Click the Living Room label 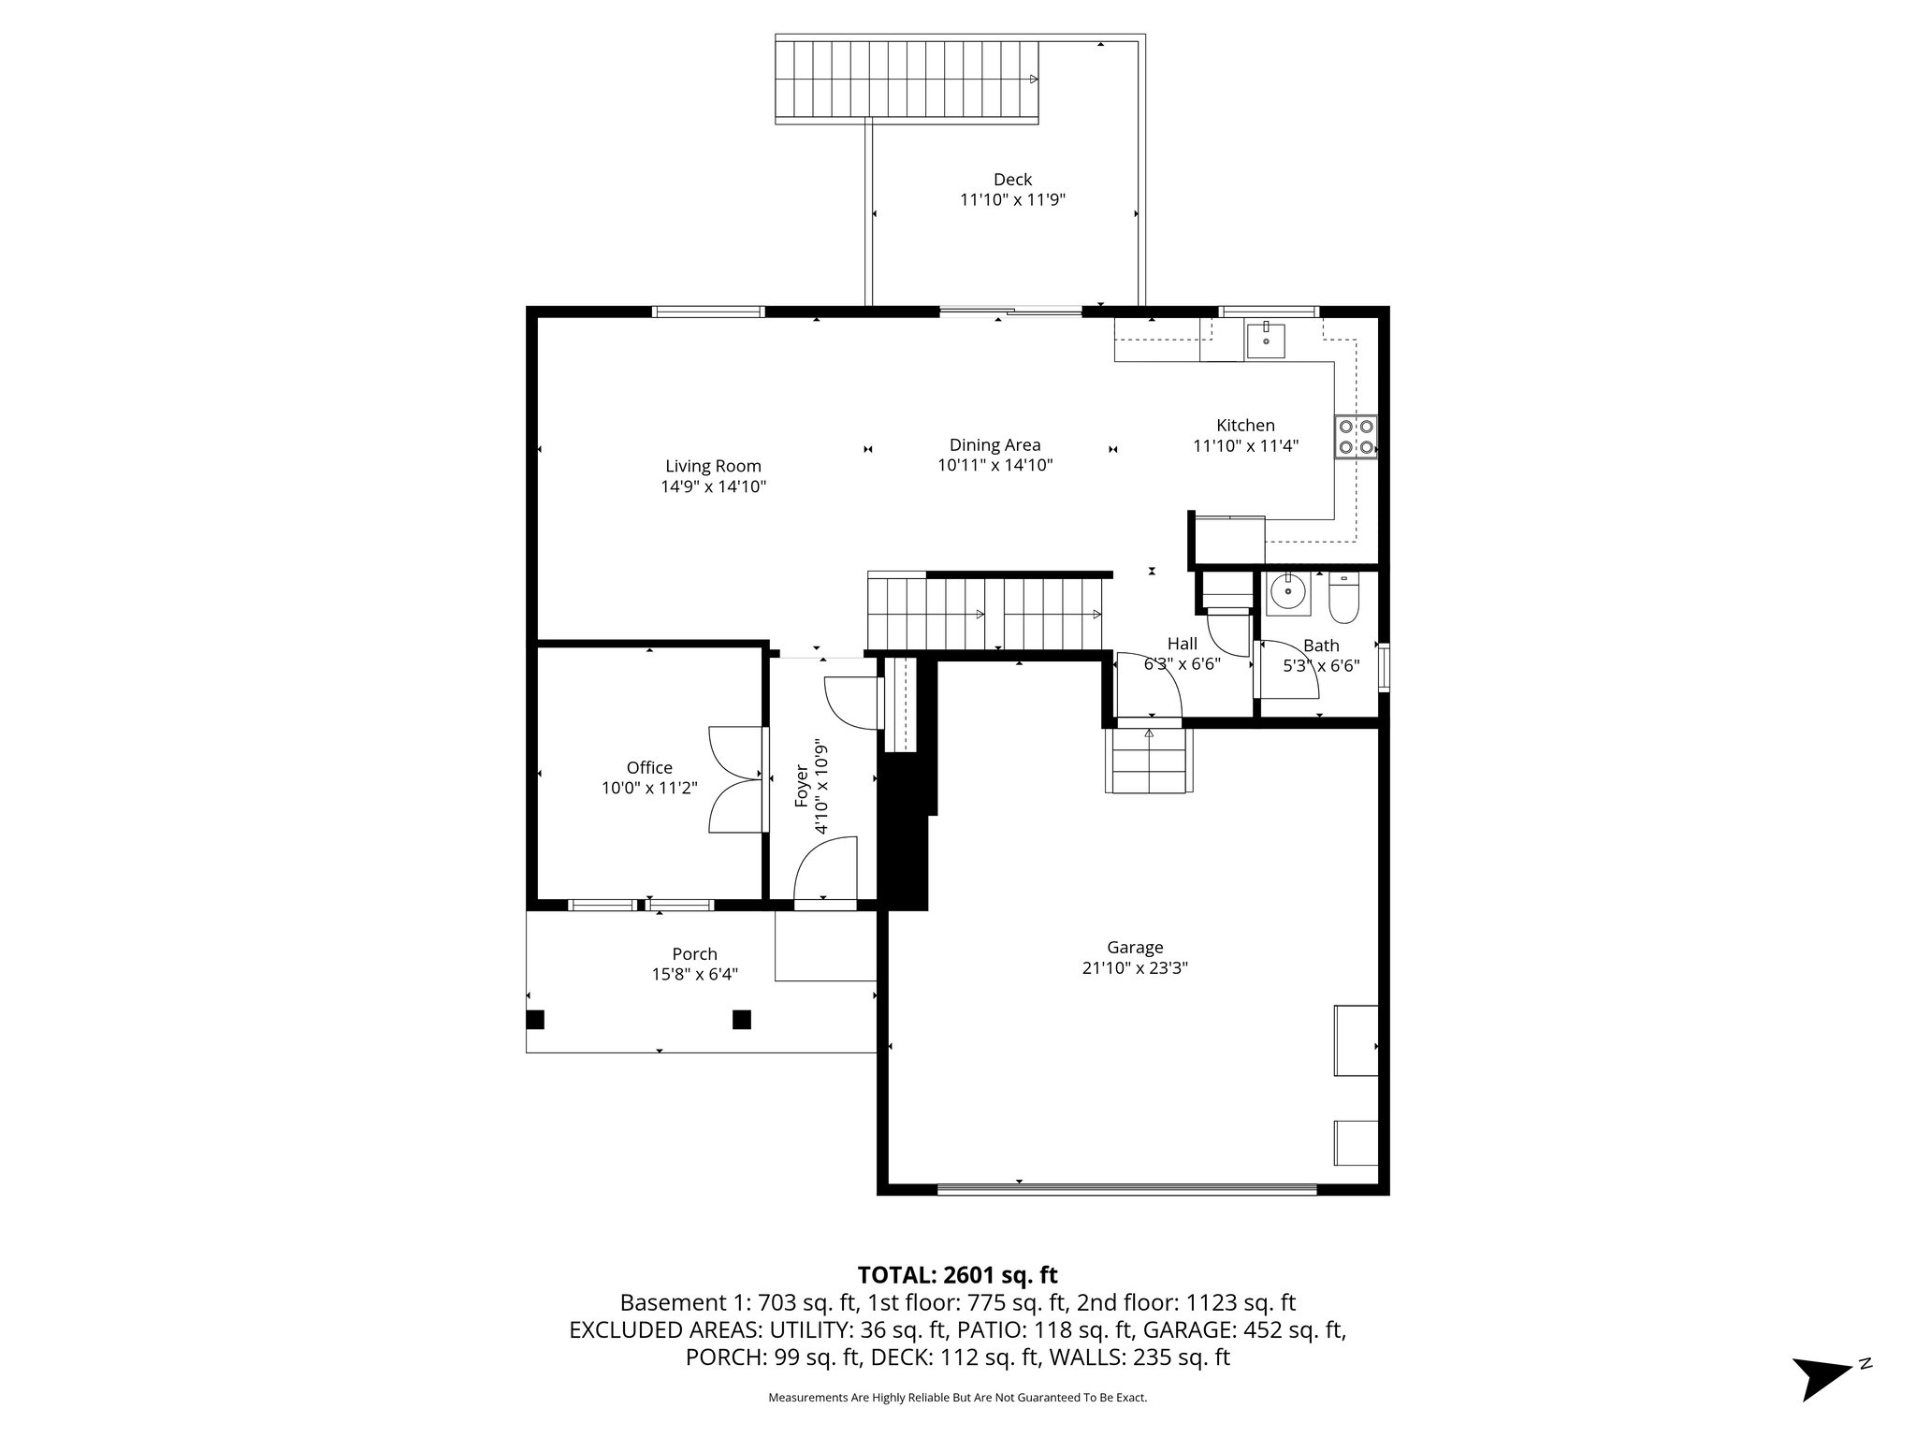click(x=713, y=466)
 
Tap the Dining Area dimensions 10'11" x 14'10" click(x=995, y=465)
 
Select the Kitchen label click(x=1245, y=425)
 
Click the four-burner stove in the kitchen click(x=1357, y=436)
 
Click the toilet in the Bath click(x=1343, y=601)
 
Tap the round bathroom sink click(x=1288, y=591)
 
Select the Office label click(x=649, y=767)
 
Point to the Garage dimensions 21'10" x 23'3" click(x=1135, y=968)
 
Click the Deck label click(x=1012, y=179)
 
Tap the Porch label click(x=694, y=953)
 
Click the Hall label click(x=1182, y=644)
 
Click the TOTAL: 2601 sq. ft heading click(x=957, y=1274)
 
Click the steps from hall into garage click(x=1149, y=760)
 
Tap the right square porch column click(x=741, y=1019)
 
